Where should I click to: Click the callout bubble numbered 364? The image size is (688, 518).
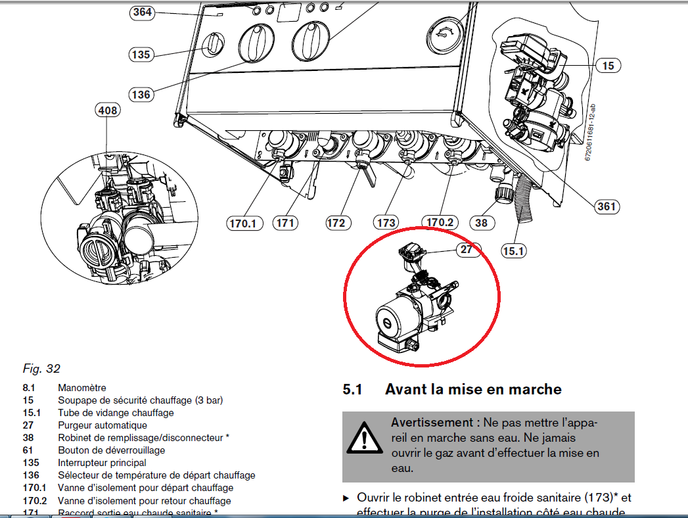(x=141, y=12)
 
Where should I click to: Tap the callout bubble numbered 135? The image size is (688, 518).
(x=141, y=55)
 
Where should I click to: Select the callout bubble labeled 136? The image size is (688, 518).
(x=141, y=95)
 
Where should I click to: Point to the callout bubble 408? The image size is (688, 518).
(x=108, y=110)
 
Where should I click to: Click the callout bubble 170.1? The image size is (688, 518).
(x=243, y=224)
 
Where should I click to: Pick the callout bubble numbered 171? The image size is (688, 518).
(x=285, y=224)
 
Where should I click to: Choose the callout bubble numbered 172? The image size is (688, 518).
(x=336, y=224)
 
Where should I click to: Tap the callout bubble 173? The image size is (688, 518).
(x=386, y=224)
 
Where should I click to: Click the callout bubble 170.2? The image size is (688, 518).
(x=440, y=222)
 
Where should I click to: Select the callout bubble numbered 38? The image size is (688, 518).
(x=482, y=223)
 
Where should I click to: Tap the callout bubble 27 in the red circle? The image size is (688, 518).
(x=467, y=249)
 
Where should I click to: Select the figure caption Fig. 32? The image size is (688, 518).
(x=41, y=369)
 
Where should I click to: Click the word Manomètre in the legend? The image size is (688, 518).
(x=82, y=388)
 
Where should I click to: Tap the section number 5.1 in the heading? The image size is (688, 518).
(x=352, y=390)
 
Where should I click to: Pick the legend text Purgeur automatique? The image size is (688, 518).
(x=103, y=425)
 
